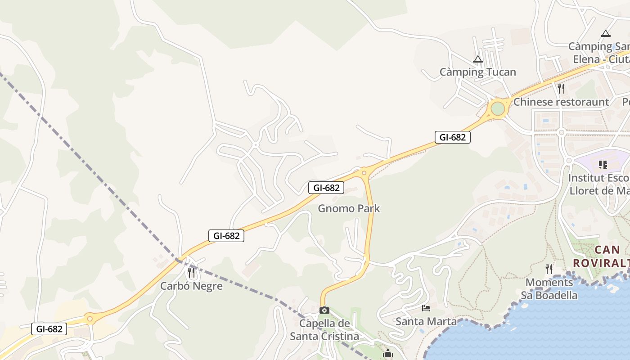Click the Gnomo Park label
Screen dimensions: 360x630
(x=349, y=208)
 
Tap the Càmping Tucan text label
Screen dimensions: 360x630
(x=477, y=72)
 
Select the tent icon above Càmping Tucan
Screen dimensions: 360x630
(x=477, y=59)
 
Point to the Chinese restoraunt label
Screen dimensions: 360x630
(x=561, y=102)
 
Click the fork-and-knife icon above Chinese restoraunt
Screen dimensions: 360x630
(x=561, y=88)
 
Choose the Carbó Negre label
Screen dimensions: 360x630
(x=191, y=286)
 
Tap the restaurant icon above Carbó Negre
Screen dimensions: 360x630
(x=191, y=272)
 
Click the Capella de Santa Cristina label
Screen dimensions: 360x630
(x=324, y=330)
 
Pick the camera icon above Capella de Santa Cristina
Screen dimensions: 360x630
(x=324, y=310)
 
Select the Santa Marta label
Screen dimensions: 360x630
(x=426, y=321)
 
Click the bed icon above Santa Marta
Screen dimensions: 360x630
(x=426, y=308)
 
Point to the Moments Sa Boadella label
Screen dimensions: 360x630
(x=549, y=289)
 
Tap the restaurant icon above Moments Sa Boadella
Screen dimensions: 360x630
(x=549, y=269)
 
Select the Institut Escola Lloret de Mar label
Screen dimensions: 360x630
(x=598, y=184)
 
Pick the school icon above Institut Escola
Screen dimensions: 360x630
(x=603, y=165)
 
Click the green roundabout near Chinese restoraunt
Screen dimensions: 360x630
(x=497, y=109)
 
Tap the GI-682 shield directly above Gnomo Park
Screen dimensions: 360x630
(x=326, y=188)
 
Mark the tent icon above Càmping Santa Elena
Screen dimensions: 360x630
(x=606, y=33)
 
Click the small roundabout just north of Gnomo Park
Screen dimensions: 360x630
(x=364, y=172)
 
